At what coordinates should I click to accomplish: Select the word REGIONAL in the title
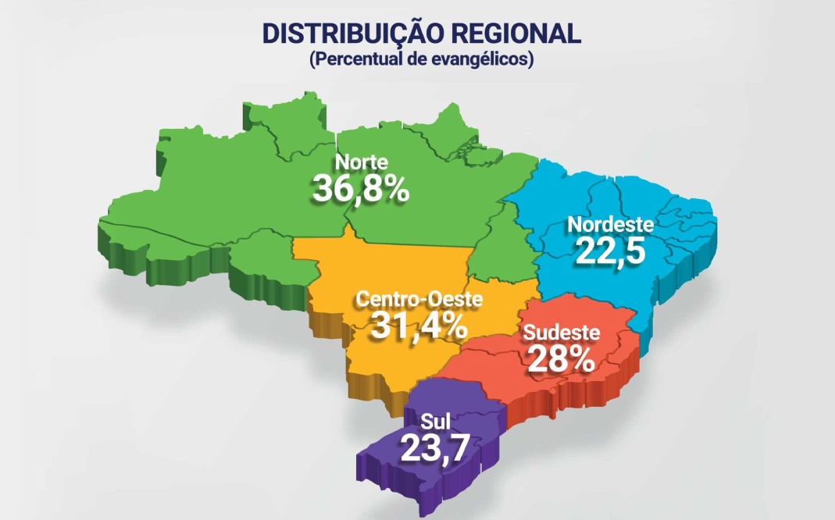516,34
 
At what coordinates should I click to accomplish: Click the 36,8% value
361,188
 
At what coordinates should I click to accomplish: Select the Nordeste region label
609,224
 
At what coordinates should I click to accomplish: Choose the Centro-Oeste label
419,299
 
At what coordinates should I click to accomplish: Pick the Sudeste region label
562,333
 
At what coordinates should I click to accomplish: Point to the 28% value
561,358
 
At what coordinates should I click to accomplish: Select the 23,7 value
435,449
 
